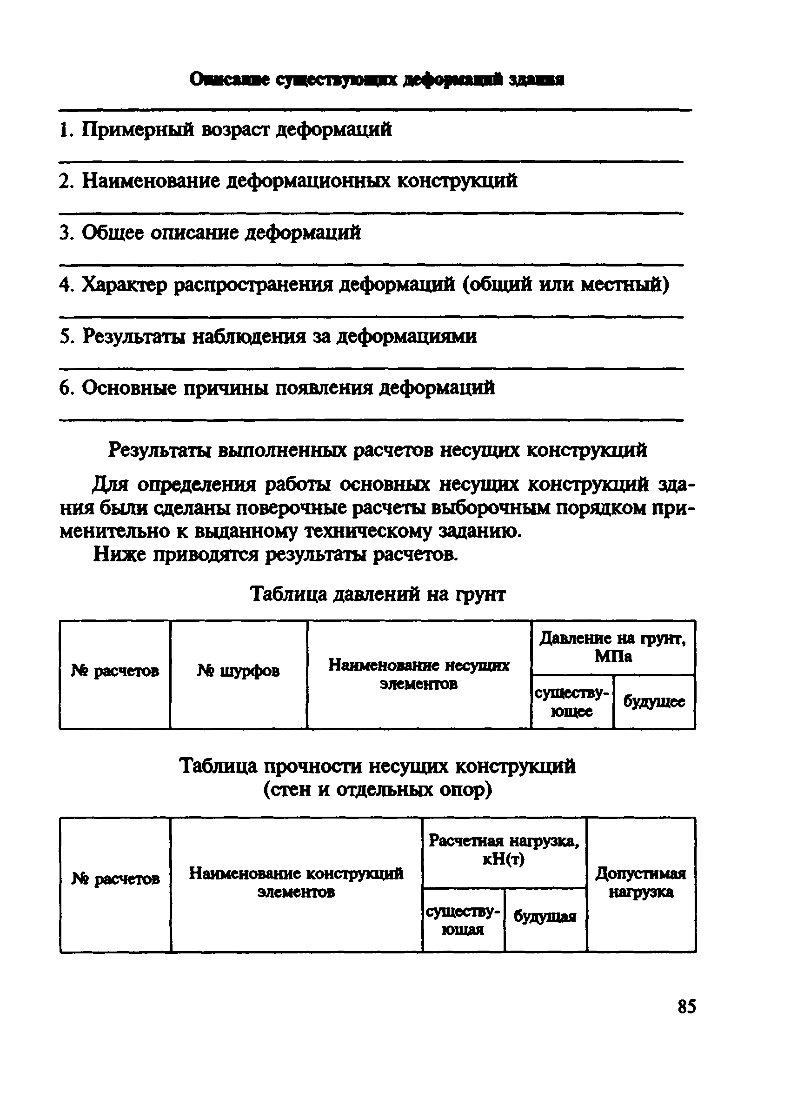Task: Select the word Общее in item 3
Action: tap(112, 233)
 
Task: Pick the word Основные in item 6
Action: tap(129, 388)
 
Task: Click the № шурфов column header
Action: tap(238, 670)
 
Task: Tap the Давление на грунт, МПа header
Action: tap(613, 647)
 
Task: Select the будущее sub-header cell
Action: tap(654, 702)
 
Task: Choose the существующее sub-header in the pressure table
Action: tap(571, 702)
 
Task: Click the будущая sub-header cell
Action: tap(545, 916)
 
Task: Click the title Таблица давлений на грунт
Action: tap(378, 594)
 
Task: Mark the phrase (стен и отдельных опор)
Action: tap(378, 790)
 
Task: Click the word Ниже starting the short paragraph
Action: tap(120, 554)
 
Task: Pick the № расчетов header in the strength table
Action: tap(115, 879)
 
